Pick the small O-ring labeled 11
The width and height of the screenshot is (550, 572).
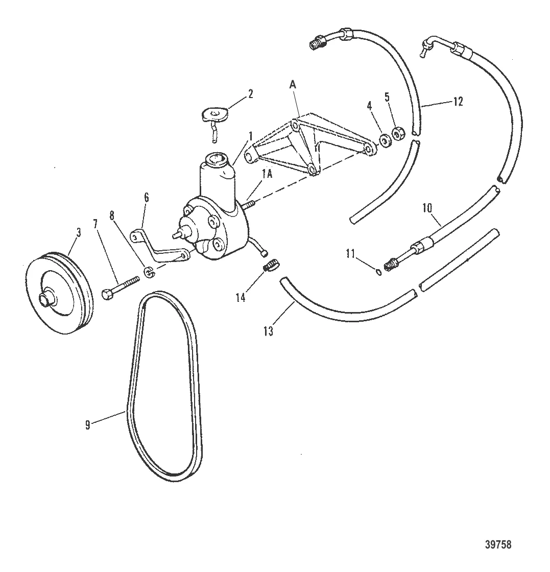(378, 271)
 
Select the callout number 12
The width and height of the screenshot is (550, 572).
(458, 102)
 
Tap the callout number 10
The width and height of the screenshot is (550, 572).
(427, 208)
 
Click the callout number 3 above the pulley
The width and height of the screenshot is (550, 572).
(78, 233)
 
